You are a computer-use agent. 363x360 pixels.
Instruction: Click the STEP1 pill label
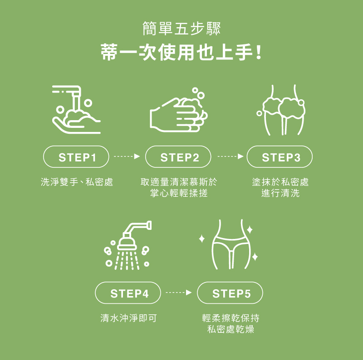click(76, 157)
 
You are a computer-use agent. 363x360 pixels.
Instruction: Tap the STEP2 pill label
click(178, 157)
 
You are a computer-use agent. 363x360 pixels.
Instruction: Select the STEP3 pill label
click(280, 157)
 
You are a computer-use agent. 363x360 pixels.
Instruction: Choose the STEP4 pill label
click(128, 293)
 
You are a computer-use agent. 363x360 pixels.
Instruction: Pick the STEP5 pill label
click(230, 293)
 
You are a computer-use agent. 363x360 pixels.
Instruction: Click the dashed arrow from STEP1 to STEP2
click(127, 156)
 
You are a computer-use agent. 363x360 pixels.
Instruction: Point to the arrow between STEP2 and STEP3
click(231, 156)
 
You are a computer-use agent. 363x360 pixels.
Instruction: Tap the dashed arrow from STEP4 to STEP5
click(179, 292)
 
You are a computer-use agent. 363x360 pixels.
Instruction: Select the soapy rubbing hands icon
click(179, 110)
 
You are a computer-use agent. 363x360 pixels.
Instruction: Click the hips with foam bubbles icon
click(281, 110)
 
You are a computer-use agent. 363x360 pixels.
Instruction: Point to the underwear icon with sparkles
click(229, 244)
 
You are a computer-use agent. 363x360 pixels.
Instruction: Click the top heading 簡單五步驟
click(181, 29)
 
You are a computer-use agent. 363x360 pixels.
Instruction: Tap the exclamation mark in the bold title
click(259, 52)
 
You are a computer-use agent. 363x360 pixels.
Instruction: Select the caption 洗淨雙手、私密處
click(77, 182)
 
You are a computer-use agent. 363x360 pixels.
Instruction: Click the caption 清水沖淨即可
click(128, 318)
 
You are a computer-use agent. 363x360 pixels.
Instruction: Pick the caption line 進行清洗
click(280, 193)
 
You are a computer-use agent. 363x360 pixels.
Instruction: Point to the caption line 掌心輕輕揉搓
click(179, 193)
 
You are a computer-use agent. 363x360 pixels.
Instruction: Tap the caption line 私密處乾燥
click(231, 329)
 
